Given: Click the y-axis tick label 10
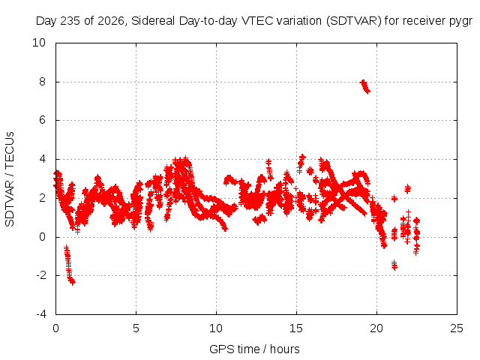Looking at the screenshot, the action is (39, 43).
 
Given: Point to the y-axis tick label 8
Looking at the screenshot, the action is (42, 82).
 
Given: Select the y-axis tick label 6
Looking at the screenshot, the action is (42, 120).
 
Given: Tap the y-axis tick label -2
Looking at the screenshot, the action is (40, 275).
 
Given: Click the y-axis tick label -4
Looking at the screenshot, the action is (40, 314).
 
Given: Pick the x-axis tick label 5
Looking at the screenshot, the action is (136, 328).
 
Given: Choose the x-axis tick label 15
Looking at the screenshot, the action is (296, 328).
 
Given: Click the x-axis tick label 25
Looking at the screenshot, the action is (457, 328).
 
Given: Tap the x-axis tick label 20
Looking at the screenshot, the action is (376, 328).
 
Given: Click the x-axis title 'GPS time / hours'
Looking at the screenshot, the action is (254, 349).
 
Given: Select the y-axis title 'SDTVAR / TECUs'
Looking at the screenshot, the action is (10, 179).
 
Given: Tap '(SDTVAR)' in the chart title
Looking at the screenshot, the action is (354, 21).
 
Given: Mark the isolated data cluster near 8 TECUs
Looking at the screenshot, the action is (365, 86).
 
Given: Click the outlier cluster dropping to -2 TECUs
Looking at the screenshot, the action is (69, 265).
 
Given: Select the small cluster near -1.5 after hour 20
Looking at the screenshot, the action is (394, 265).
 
